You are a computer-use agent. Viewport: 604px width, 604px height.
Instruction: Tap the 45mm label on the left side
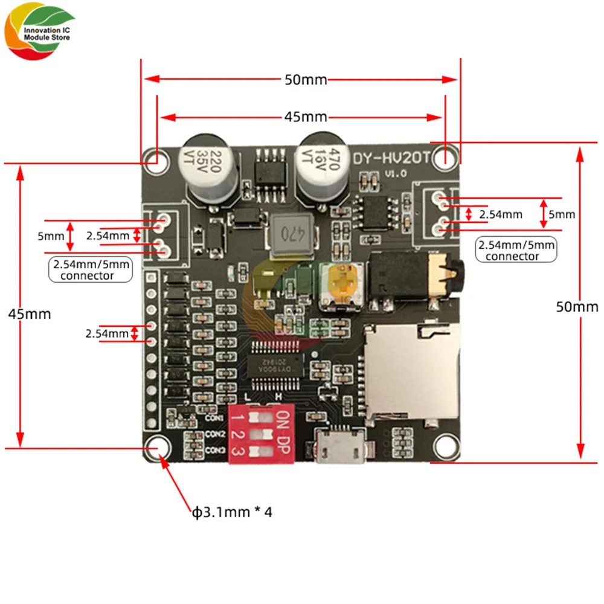(x=29, y=314)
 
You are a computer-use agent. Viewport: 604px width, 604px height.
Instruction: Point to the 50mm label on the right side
(x=577, y=307)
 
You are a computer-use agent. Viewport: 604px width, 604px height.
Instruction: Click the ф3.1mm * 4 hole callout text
(x=233, y=513)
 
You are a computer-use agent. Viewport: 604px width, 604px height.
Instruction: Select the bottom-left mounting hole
(x=156, y=448)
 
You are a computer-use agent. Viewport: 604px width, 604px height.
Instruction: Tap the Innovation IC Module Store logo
(x=39, y=34)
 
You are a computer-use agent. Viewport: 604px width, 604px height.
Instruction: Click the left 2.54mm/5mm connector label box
(x=90, y=269)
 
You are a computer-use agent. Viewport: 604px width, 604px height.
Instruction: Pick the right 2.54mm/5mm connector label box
(x=516, y=251)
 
